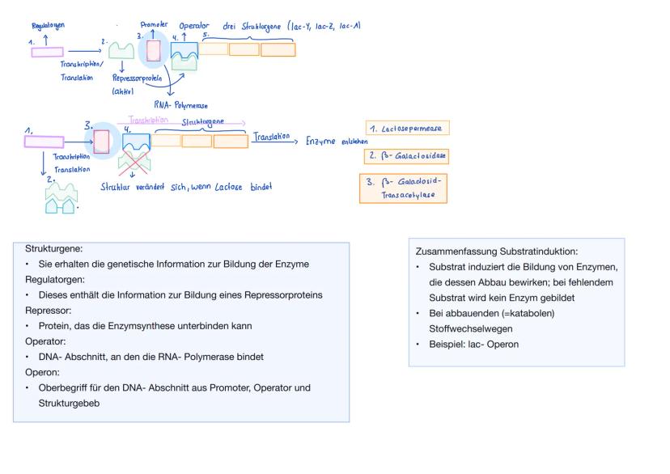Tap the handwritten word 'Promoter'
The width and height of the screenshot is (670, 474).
pos(154,25)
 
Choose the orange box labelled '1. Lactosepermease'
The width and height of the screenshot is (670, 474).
pos(405,129)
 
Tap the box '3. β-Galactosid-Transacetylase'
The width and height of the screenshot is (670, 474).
pos(402,188)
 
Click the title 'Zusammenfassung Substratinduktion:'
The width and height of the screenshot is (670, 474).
pos(496,252)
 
